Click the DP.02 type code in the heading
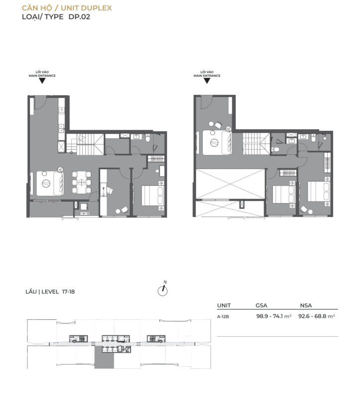coord(79,17)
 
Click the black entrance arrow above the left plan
coord(42,81)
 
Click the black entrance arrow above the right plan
coord(207,81)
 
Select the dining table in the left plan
coord(81,182)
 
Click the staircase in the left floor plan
coord(85,144)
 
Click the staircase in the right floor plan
coord(256,143)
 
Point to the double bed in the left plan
coord(152,196)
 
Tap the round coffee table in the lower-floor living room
coord(46,183)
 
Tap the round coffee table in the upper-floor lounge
coord(214,143)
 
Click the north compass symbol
coord(163,291)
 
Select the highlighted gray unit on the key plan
coord(104,357)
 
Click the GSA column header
coord(261,305)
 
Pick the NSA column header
coord(306,305)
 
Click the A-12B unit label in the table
coord(223,316)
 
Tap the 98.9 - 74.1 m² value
coord(274,316)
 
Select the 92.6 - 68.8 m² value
coord(317,316)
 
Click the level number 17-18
coord(68,292)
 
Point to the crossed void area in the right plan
coord(230,185)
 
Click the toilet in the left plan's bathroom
coord(148,138)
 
